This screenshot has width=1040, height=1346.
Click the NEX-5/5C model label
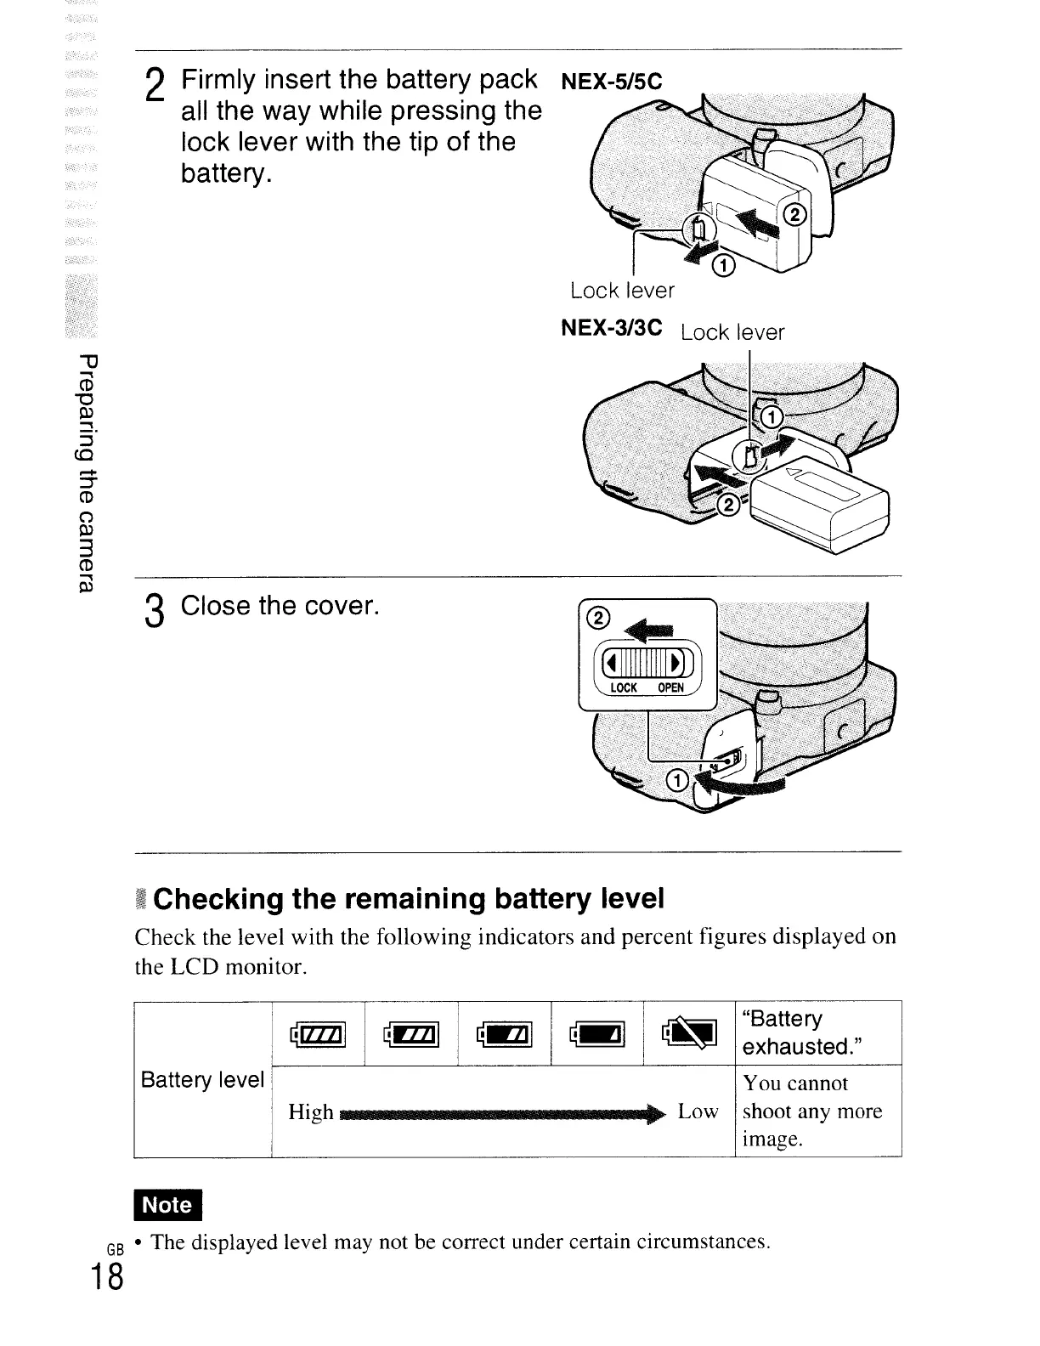point(611,82)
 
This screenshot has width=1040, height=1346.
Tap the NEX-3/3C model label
point(612,328)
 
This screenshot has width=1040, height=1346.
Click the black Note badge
point(168,1204)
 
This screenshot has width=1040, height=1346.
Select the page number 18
point(108,1277)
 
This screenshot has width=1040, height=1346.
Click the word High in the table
point(310,1111)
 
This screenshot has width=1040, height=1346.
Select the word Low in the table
point(698,1111)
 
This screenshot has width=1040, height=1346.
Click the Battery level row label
point(203,1080)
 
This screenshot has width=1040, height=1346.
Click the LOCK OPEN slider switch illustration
point(648,663)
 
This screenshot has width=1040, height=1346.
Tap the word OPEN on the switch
point(670,688)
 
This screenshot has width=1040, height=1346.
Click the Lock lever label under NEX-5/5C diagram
point(622,291)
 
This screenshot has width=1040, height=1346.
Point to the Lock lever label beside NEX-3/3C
point(732,332)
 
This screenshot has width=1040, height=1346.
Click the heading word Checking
point(218,899)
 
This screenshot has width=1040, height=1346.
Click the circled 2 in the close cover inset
point(597,619)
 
